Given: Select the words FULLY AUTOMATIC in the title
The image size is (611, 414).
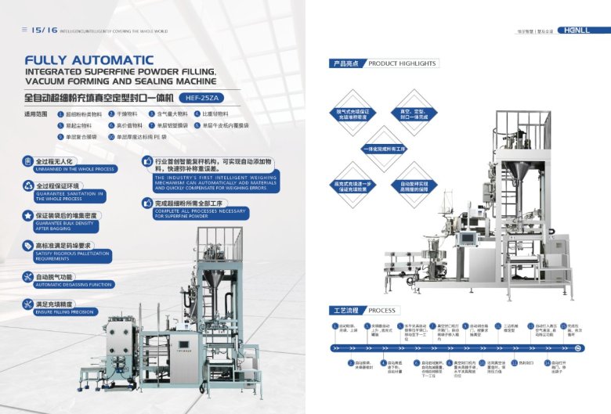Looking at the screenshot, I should [89, 60].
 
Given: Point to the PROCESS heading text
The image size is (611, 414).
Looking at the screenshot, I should [382, 310].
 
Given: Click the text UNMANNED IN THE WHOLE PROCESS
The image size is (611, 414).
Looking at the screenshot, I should [75, 169].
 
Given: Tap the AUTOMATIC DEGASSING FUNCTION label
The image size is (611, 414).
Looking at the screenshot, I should [74, 284].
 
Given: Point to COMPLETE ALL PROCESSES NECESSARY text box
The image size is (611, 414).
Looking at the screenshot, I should [200, 214].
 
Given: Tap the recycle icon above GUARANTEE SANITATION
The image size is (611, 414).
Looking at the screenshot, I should [29, 187].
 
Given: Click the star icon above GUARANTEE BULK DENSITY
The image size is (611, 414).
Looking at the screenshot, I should [29, 214].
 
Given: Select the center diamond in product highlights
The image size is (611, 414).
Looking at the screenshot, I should [384, 148].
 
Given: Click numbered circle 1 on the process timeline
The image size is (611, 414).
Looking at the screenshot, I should [334, 325].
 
